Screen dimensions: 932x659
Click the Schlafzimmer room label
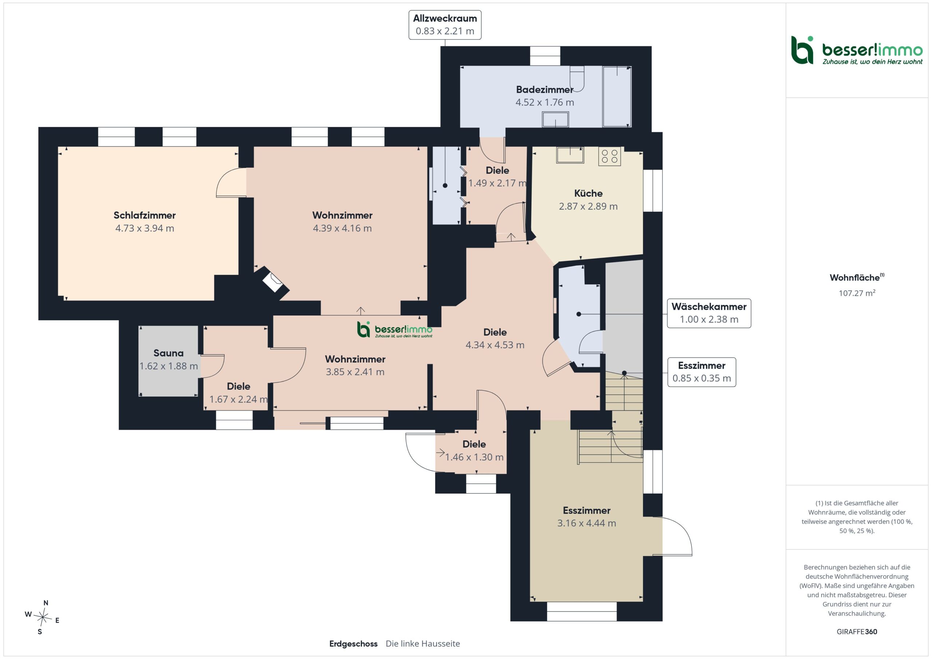click(145, 215)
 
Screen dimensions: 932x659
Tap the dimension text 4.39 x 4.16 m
click(342, 228)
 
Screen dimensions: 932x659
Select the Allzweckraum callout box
click(445, 25)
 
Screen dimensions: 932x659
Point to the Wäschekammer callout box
click(709, 313)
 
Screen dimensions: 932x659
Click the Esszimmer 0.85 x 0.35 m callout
click(702, 372)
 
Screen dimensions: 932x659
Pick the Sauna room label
click(169, 353)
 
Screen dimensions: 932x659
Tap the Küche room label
click(588, 193)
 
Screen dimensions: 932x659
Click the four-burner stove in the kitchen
click(609, 156)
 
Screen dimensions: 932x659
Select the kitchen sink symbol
click(570, 155)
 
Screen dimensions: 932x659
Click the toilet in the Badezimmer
click(577, 78)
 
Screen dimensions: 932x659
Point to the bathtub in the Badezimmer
click(617, 96)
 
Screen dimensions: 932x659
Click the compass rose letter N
click(46, 603)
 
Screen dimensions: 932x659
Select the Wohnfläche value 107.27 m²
click(857, 293)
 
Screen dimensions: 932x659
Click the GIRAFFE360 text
click(857, 632)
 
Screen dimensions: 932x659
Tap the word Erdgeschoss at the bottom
click(353, 644)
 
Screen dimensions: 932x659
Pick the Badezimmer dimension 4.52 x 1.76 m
click(545, 102)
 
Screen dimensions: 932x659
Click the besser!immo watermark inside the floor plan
click(395, 330)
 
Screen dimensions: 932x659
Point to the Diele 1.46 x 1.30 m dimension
click(474, 457)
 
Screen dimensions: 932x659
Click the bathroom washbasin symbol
click(555, 119)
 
